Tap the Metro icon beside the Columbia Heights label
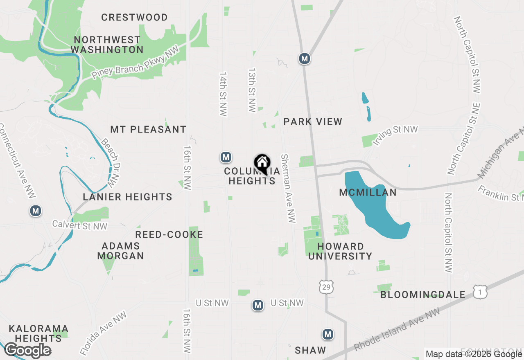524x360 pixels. [226, 157]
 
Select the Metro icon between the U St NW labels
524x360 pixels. [257, 305]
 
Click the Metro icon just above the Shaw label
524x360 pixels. [327, 334]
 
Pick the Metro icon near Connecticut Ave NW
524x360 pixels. [36, 211]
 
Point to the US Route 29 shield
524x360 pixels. [326, 287]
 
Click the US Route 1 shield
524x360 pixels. [480, 292]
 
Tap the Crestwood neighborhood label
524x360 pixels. [134, 18]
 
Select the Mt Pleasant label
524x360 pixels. [148, 130]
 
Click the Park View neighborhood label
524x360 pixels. [313, 122]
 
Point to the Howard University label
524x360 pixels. [340, 251]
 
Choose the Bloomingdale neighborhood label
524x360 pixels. [423, 295]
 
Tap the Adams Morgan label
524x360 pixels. [120, 251]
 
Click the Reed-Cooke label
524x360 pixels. [169, 234]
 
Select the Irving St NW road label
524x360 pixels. [395, 135]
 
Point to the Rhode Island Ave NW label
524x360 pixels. [398, 329]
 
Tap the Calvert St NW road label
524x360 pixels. [80, 225]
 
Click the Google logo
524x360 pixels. [27, 350]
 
